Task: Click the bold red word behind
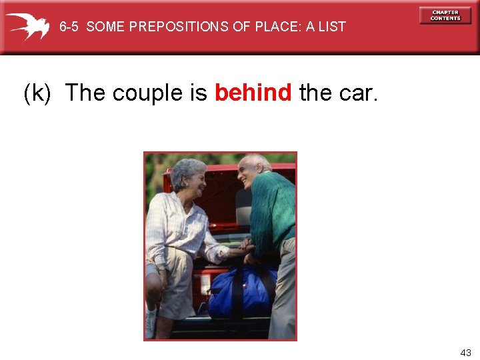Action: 253,93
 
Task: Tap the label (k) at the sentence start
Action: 37,93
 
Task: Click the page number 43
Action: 465,352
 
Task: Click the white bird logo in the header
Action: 28,26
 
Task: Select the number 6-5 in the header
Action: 69,27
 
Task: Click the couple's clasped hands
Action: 245,248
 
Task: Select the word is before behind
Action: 199,93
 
